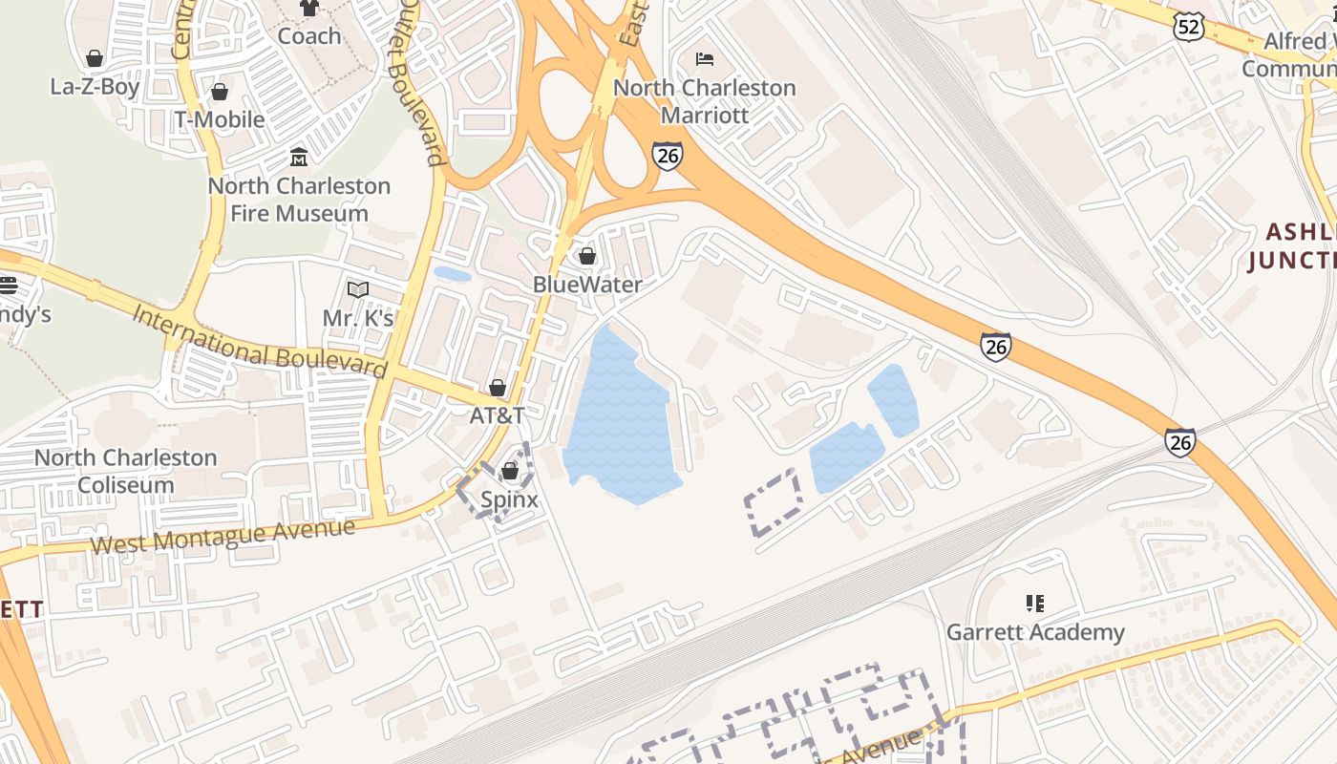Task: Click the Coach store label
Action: click(308, 36)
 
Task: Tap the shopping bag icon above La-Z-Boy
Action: click(95, 58)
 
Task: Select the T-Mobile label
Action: click(219, 119)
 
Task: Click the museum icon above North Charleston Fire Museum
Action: click(299, 157)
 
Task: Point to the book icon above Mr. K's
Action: click(358, 289)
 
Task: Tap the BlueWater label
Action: click(587, 285)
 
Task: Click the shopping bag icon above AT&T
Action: click(498, 388)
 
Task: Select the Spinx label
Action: click(509, 499)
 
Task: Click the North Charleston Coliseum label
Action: click(126, 471)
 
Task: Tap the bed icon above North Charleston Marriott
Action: click(705, 59)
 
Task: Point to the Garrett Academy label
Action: click(1035, 632)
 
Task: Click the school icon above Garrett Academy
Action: click(1035, 604)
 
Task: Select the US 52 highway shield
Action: click(1189, 27)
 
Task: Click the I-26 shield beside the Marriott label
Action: click(668, 156)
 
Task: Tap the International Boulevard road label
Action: click(260, 342)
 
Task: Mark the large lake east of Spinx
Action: click(621, 420)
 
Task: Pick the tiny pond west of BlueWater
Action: click(452, 274)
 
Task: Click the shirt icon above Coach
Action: click(308, 9)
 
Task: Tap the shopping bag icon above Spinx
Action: click(509, 471)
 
